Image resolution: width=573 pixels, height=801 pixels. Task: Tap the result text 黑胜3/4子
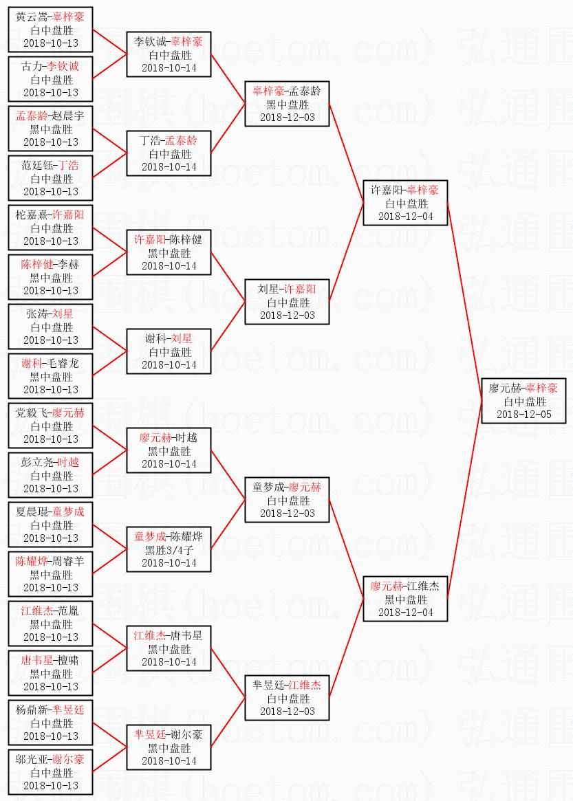click(x=169, y=549)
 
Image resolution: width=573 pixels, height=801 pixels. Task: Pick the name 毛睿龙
click(x=66, y=364)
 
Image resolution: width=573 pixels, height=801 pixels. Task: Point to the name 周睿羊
click(x=66, y=562)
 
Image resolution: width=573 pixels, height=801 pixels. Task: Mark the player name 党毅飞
click(x=33, y=413)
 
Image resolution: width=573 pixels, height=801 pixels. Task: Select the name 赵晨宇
click(x=66, y=116)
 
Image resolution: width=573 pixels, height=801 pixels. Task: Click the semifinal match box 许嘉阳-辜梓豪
click(x=406, y=203)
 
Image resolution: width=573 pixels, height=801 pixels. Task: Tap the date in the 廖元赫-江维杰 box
click(x=406, y=613)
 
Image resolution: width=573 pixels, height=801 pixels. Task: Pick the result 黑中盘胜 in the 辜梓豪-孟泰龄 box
click(x=288, y=104)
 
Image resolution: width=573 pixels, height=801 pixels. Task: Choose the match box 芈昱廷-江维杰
click(x=288, y=698)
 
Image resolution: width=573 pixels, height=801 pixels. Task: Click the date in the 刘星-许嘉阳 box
click(x=288, y=316)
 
